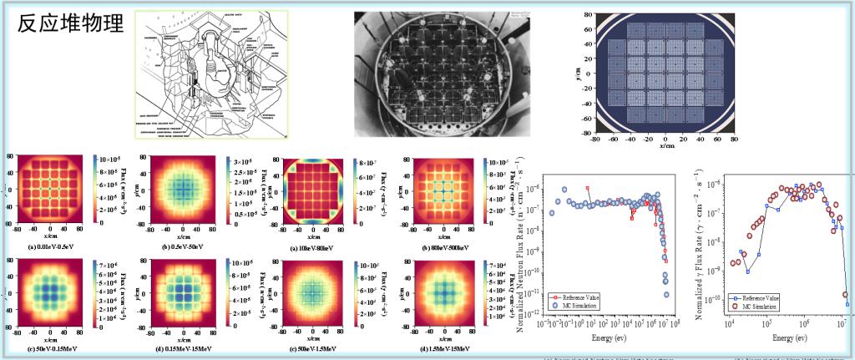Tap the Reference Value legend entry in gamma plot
point(761,297)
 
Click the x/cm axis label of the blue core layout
point(665,145)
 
